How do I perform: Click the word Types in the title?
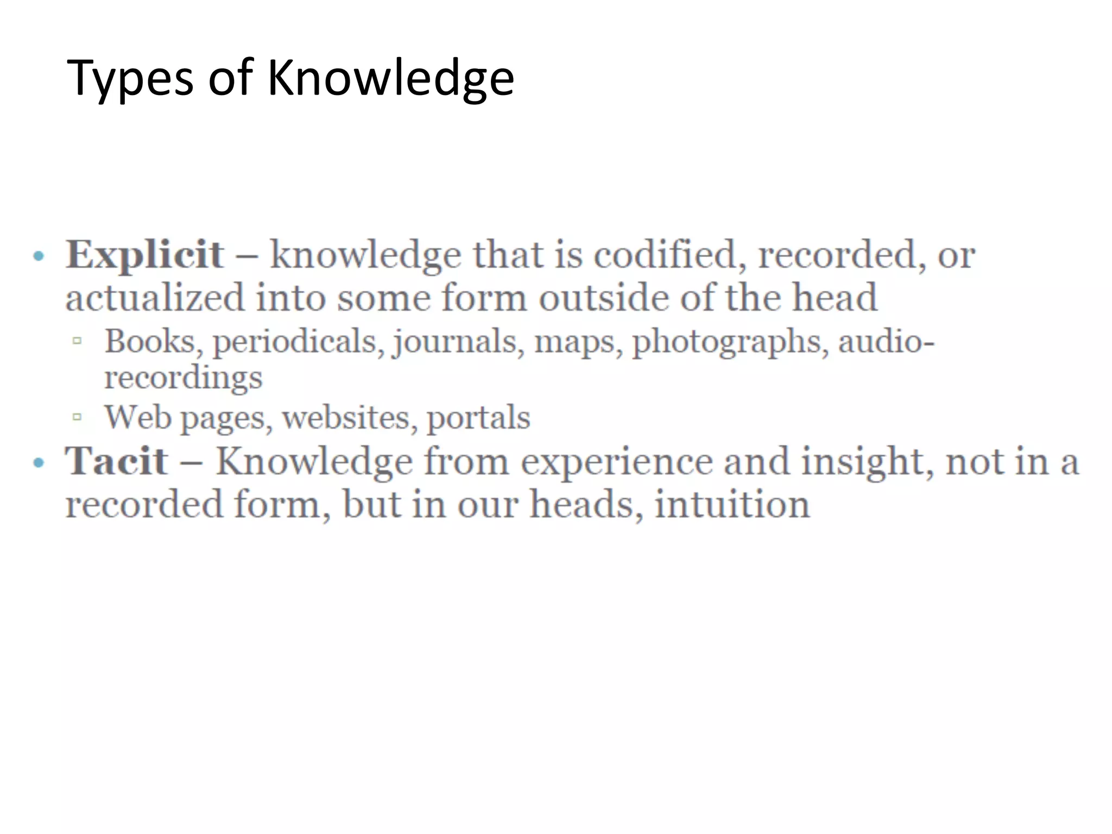130,79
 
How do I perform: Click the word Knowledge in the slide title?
390,79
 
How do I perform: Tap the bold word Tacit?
116,461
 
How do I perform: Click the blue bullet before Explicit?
38,256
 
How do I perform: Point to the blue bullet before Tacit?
38,463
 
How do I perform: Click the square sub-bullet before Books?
77,341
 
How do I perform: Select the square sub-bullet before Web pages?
77,417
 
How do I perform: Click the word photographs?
730,342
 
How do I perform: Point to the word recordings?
183,378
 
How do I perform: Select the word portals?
478,418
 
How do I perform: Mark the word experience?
616,462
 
